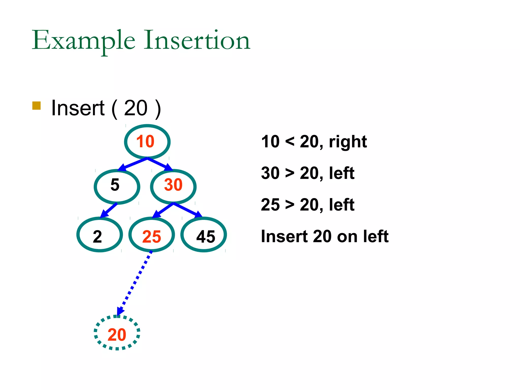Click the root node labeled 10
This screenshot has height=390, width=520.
147,142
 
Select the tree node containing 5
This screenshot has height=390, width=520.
117,186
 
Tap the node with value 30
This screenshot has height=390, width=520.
173,186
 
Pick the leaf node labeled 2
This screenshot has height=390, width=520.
100,234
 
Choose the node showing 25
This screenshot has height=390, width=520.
152,234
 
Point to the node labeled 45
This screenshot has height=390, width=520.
204,234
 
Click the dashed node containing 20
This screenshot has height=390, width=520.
117,333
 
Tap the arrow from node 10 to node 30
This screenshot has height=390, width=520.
160,164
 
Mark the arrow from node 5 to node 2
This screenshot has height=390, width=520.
109,210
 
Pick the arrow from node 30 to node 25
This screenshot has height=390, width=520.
162,210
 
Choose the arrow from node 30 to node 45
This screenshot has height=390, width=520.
188,210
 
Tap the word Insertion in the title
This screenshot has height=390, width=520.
197,41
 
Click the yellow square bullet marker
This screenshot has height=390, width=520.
37,106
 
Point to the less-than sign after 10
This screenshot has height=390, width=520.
290,141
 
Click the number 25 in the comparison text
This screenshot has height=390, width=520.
270,205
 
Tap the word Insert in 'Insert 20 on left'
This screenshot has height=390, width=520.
284,236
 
